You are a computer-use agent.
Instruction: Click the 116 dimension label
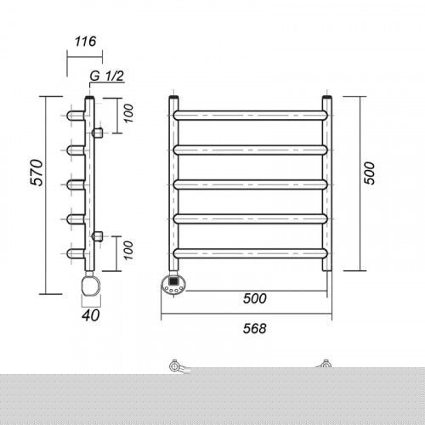click(85, 42)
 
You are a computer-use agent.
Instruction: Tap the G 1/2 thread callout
click(107, 76)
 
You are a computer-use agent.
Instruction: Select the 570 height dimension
click(37, 173)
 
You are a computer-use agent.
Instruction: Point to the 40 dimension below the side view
click(91, 315)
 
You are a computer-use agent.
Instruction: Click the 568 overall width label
click(255, 329)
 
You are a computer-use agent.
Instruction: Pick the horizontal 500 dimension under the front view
click(255, 298)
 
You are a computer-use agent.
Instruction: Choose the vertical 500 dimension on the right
click(369, 173)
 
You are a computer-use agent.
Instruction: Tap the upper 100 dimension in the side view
click(128, 113)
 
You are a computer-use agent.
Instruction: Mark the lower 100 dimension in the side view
click(128, 251)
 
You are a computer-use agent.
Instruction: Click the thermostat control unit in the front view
click(173, 286)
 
